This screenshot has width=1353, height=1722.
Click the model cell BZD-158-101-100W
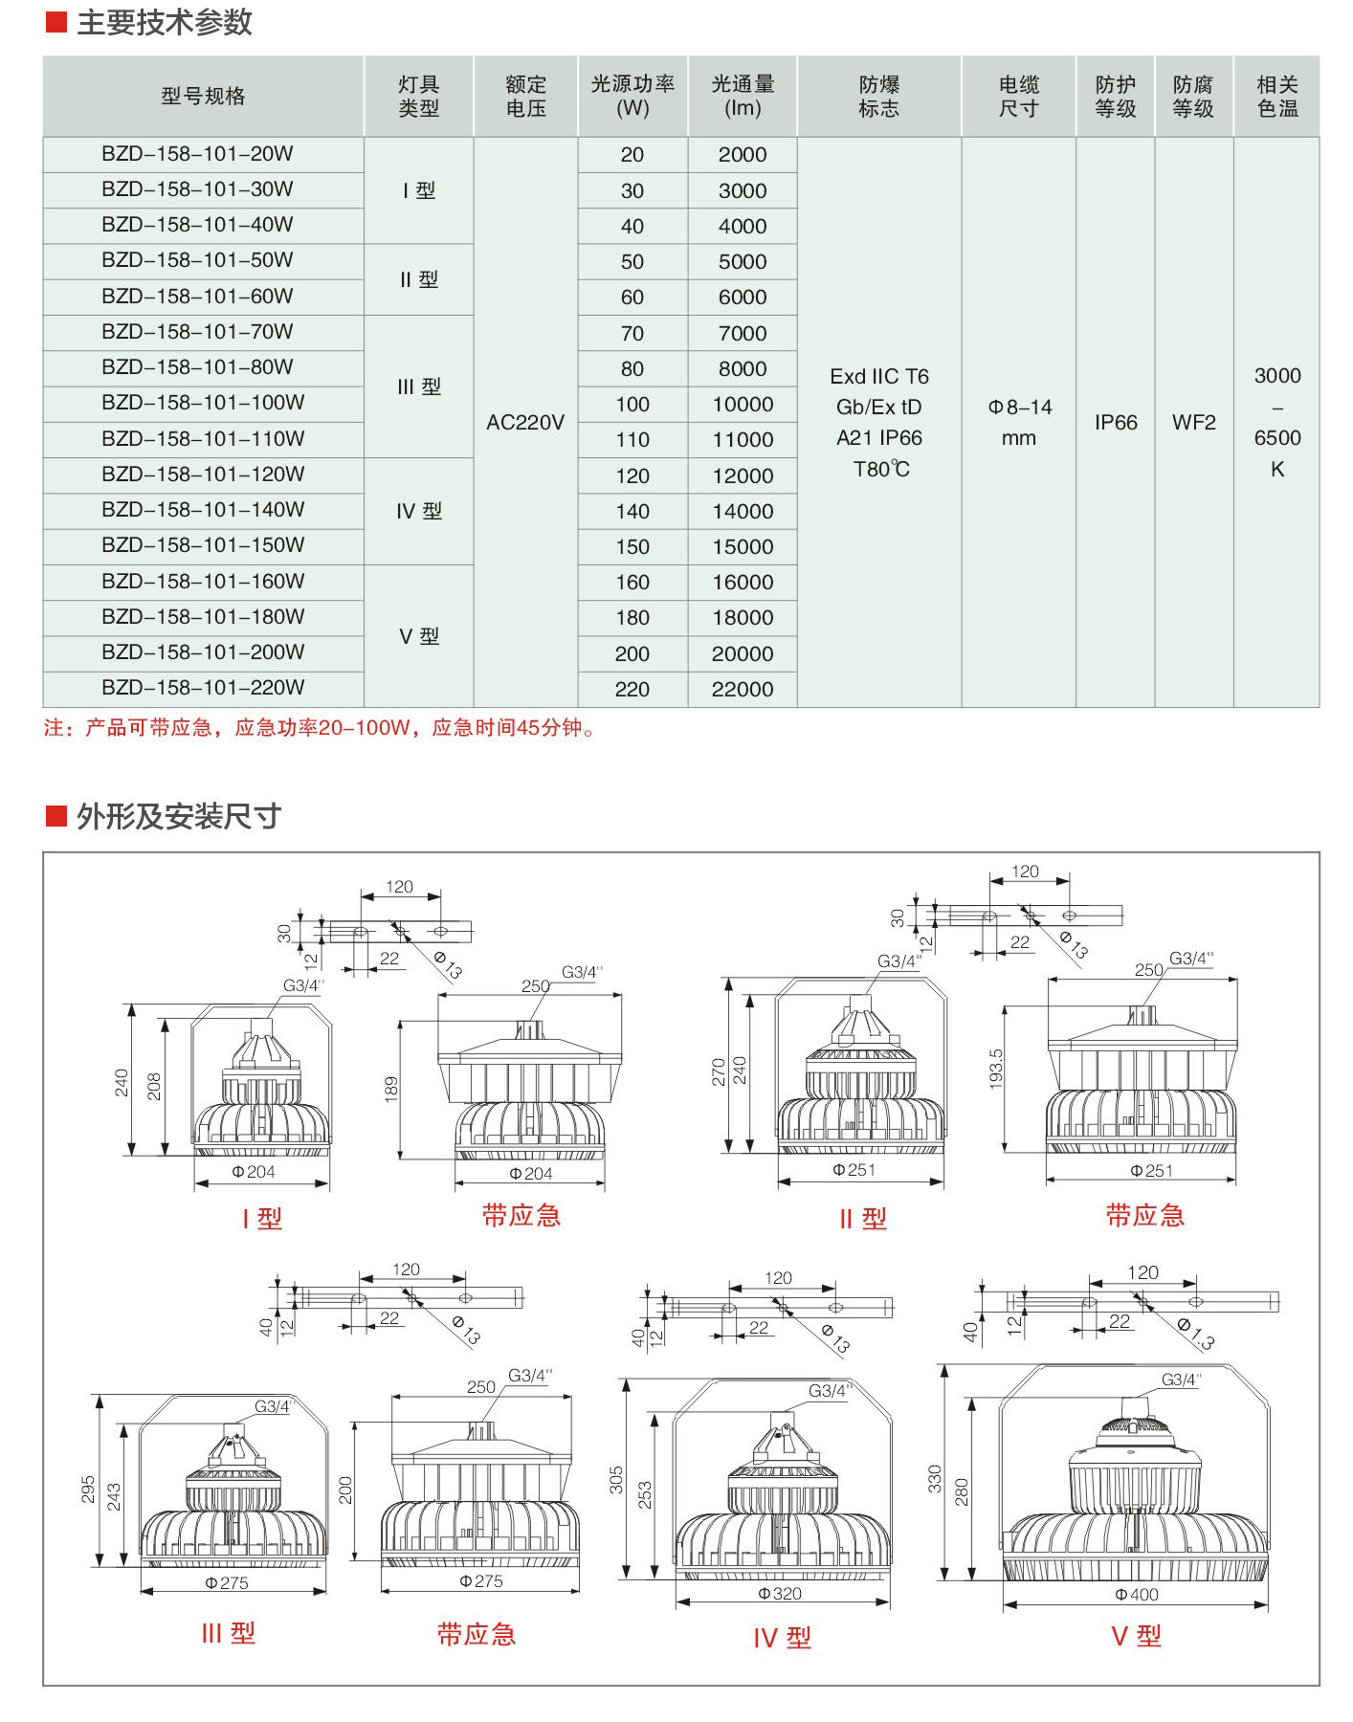click(x=203, y=403)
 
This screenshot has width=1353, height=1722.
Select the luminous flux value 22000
click(x=743, y=689)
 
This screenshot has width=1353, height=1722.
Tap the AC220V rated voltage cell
click(x=525, y=422)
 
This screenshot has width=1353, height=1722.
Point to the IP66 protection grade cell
click(x=1116, y=422)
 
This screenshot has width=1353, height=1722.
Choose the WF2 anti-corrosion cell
click(x=1193, y=422)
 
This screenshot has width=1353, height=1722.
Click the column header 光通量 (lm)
click(x=743, y=96)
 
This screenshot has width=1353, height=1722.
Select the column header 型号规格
click(x=203, y=96)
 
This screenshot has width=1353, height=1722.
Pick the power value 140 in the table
click(x=632, y=511)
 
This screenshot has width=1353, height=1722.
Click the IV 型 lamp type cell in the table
click(x=419, y=512)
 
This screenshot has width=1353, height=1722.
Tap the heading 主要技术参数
click(x=164, y=22)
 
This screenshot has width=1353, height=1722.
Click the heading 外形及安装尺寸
click(x=178, y=816)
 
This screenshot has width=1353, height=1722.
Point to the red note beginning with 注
click(x=321, y=728)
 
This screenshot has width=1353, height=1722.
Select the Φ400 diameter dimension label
click(x=1136, y=1594)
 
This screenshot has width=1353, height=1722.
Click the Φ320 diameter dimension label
click(x=780, y=1593)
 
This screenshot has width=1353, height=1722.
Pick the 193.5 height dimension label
click(x=996, y=1069)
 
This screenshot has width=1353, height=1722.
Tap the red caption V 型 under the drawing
click(x=1136, y=1636)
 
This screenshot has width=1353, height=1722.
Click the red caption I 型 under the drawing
click(x=261, y=1219)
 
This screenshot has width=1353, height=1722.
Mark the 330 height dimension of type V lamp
click(x=935, y=1478)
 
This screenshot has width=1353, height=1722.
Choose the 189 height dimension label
click(x=391, y=1089)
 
